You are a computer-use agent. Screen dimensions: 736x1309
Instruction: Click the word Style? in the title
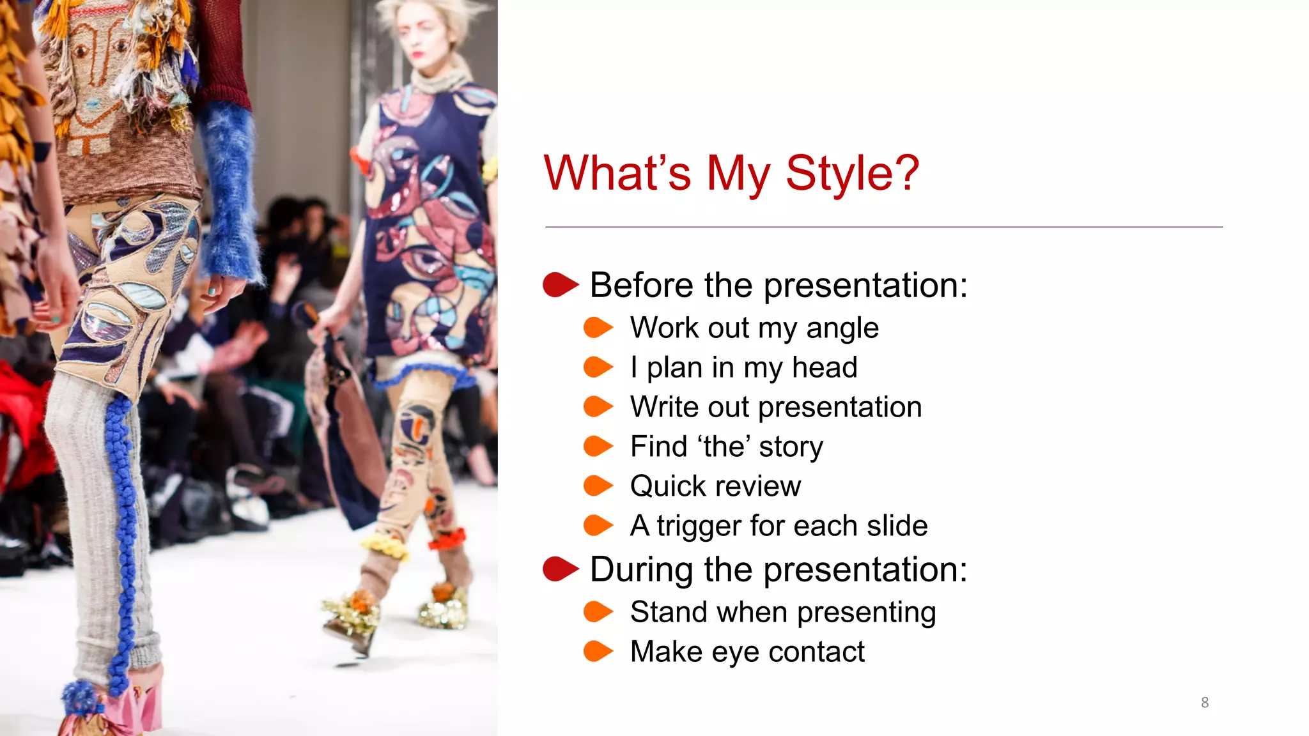[852, 173]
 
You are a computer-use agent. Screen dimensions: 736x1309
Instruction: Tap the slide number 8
[1204, 702]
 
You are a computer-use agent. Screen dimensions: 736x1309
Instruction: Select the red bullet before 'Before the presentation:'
[559, 285]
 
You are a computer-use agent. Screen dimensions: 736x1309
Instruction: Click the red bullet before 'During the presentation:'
[559, 569]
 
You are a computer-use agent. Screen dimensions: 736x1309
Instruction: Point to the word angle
[842, 329]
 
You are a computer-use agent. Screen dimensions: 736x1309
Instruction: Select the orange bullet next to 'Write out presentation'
[598, 406]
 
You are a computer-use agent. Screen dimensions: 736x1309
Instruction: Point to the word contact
[816, 652]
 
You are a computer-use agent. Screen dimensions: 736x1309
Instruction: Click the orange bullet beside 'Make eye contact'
[598, 651]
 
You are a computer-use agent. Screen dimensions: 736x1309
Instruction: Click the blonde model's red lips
[419, 54]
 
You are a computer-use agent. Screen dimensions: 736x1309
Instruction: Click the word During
[640, 569]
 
